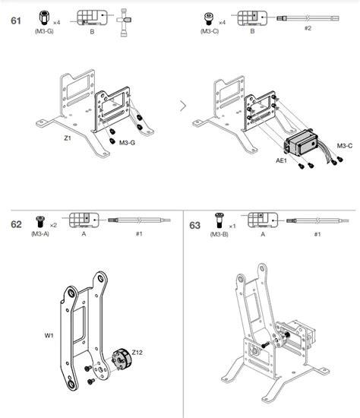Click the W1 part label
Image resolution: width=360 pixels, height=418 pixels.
49,335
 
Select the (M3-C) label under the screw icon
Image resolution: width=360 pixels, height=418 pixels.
209,32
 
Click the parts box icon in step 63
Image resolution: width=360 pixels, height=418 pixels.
264,220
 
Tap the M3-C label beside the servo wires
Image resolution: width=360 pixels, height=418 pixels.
344,145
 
